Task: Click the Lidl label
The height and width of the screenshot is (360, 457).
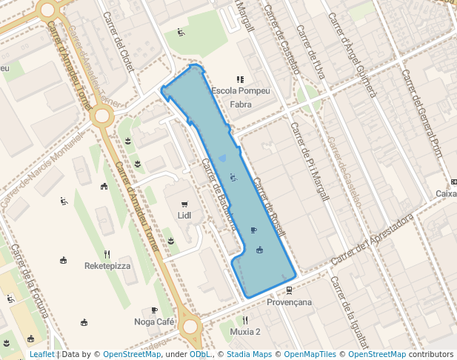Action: click(x=184, y=216)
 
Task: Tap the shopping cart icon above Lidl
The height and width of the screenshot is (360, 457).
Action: click(x=184, y=204)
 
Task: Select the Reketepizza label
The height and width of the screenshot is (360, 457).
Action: click(x=107, y=265)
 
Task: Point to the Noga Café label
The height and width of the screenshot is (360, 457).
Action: click(x=154, y=321)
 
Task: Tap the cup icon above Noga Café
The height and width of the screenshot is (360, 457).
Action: click(x=154, y=310)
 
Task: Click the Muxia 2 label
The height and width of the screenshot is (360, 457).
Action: click(x=245, y=331)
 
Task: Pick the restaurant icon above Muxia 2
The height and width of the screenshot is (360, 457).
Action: click(x=245, y=320)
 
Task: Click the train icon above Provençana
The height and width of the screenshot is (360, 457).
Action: click(x=289, y=291)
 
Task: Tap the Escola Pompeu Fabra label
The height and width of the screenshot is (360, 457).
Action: click(x=241, y=98)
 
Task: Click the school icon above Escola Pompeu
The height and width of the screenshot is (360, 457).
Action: click(x=240, y=79)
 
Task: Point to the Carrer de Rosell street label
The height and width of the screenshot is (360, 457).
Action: click(x=269, y=208)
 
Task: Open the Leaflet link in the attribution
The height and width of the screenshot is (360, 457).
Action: click(x=41, y=355)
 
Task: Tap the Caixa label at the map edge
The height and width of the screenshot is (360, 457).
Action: click(x=446, y=194)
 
